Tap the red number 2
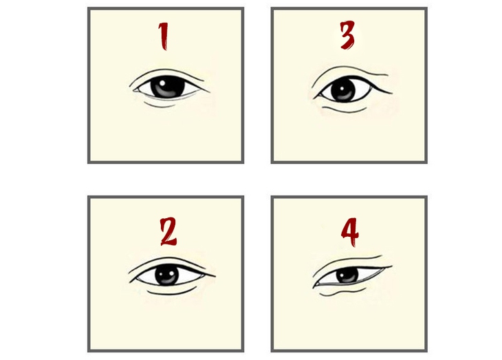(x=168, y=232)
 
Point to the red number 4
(x=351, y=233)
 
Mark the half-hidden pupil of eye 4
(x=347, y=275)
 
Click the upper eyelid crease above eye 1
(x=165, y=71)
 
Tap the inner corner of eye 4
(x=314, y=284)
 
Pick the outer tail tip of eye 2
(x=215, y=277)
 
